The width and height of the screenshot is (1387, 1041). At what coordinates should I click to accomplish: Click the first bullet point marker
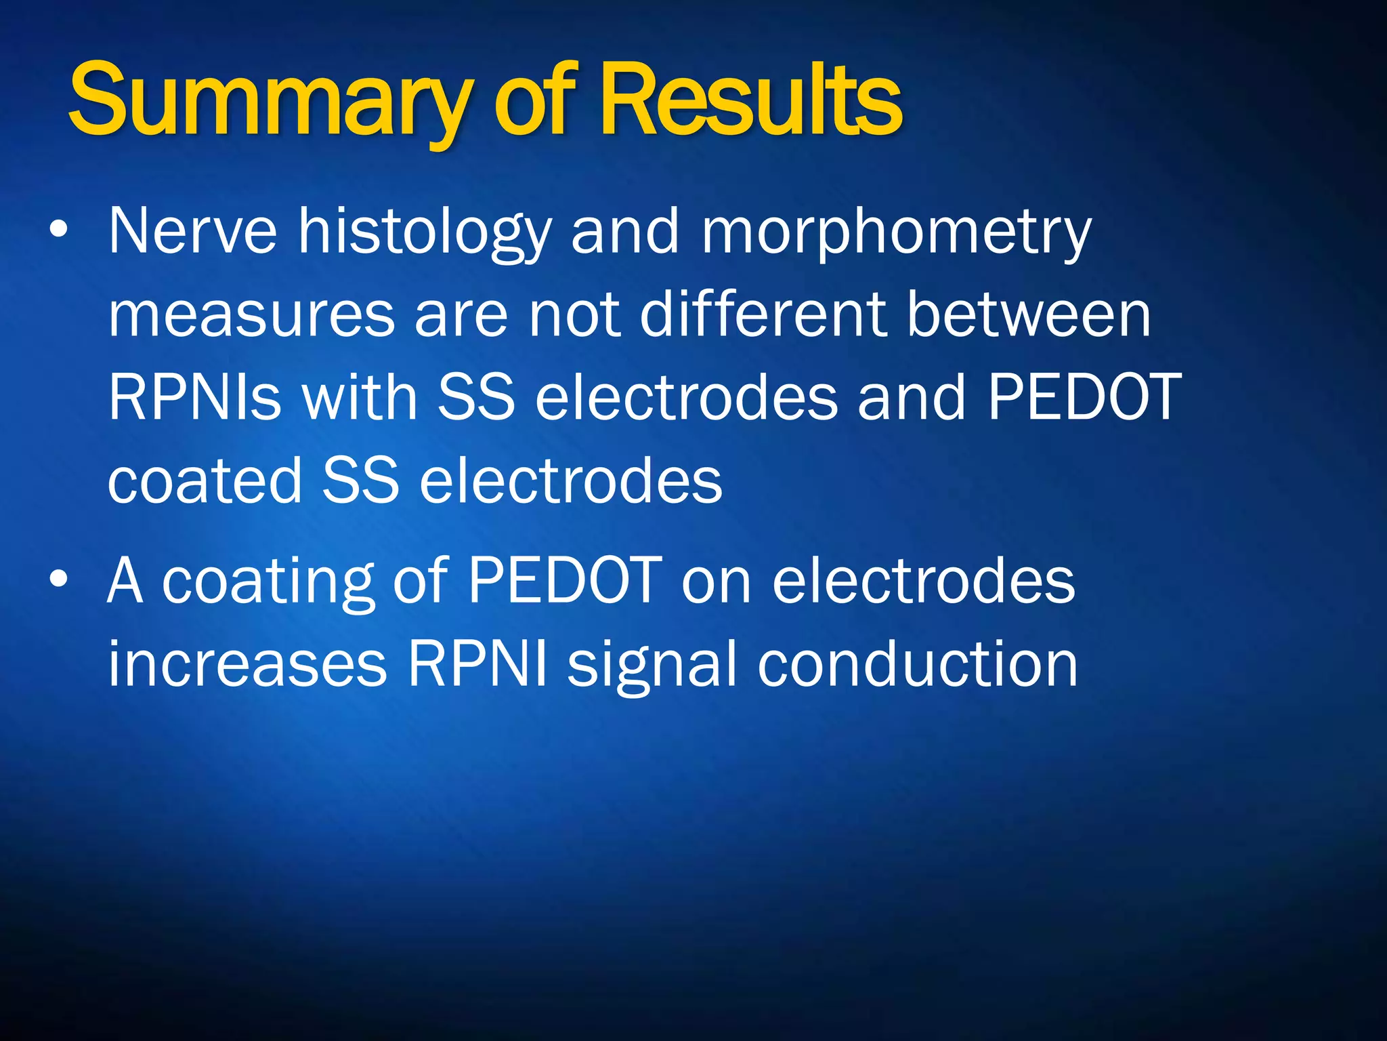59,230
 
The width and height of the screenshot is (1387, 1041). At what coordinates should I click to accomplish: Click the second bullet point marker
59,580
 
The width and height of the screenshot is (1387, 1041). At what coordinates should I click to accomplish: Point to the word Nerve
192,232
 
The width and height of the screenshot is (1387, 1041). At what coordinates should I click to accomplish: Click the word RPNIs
194,398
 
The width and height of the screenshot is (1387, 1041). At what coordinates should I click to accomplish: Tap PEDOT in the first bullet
1084,398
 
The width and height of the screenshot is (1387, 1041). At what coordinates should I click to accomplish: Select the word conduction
917,664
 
